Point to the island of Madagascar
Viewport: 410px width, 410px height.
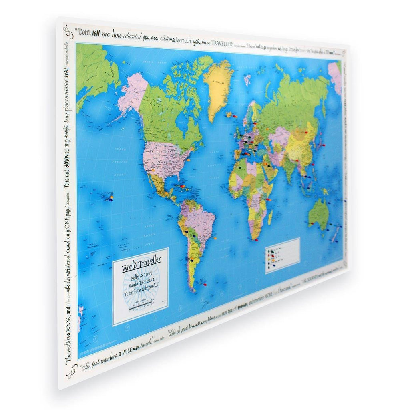point(270,217)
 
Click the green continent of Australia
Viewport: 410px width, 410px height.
point(319,214)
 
